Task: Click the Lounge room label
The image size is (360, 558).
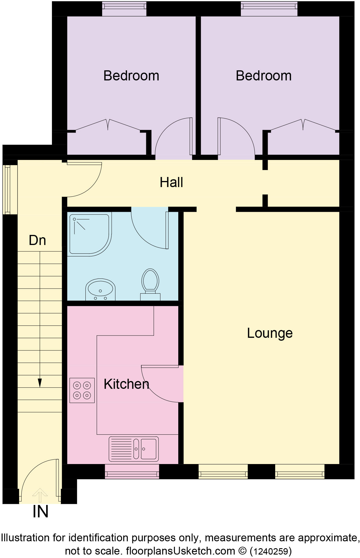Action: tap(270, 333)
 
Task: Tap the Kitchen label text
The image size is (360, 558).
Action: tap(126, 384)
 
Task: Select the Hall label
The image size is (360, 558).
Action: tap(171, 182)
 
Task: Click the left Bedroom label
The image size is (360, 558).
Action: tap(131, 76)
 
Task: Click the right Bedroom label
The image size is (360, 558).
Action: tap(264, 76)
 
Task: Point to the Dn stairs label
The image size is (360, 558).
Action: tap(37, 240)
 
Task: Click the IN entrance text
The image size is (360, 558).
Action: tap(40, 512)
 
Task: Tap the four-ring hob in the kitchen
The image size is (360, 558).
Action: tap(82, 390)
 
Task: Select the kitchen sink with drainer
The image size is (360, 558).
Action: tap(134, 449)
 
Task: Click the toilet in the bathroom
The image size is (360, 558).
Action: tap(150, 284)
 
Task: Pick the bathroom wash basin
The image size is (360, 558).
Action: tap(100, 290)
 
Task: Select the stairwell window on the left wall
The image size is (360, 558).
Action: tap(7, 189)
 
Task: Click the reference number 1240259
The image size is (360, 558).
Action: tap(271, 551)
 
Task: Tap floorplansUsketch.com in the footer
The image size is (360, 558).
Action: tap(181, 551)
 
